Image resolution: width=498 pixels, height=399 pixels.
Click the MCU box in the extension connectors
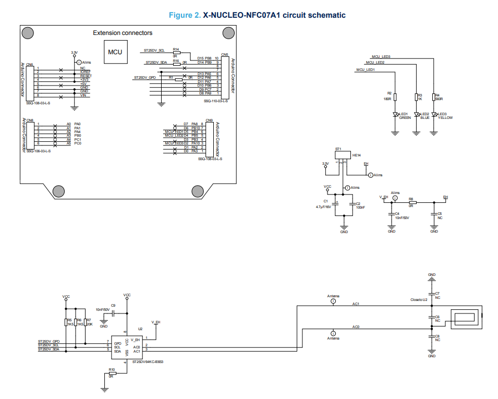pos(115,52)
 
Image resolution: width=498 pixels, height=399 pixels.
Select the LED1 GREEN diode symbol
pos(395,115)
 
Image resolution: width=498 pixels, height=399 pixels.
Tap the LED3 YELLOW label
pos(445,117)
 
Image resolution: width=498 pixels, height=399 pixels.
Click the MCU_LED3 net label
pos(381,56)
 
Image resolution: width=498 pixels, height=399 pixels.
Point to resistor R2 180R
pos(395,96)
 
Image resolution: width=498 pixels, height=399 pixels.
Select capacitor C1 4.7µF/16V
pos(337,203)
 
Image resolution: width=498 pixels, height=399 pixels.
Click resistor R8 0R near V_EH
pos(412,202)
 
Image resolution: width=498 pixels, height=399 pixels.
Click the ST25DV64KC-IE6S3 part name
pos(148,361)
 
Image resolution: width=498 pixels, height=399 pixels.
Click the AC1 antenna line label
pos(356,304)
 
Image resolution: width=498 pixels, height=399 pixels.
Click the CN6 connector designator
pos(30,65)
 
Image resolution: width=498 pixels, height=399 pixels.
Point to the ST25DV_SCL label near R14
pos(154,51)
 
